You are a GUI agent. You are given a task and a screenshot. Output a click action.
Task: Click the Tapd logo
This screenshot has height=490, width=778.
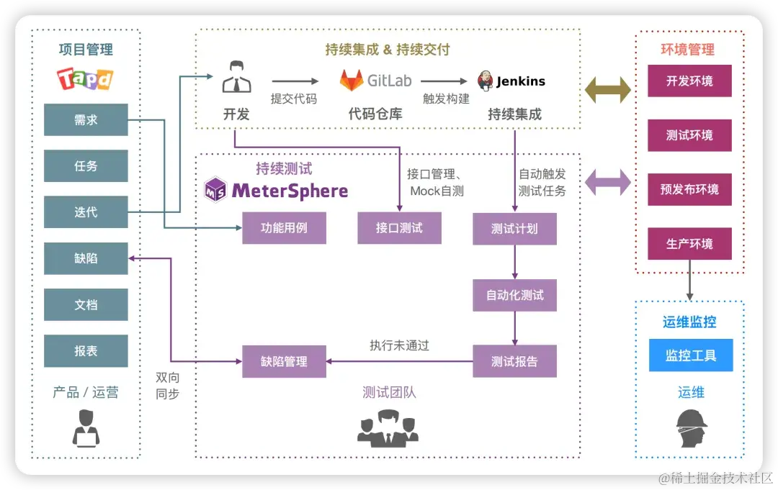pos(86,78)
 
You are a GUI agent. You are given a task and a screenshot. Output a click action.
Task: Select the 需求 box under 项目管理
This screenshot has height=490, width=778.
pos(86,120)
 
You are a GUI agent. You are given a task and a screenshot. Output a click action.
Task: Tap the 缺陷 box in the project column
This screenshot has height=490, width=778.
pos(86,258)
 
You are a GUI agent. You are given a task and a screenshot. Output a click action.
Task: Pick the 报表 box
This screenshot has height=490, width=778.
pos(86,351)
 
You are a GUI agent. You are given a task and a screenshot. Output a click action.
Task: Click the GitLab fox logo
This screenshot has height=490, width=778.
pos(352,81)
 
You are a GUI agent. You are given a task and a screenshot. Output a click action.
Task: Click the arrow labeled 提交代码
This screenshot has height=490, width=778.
pos(295,81)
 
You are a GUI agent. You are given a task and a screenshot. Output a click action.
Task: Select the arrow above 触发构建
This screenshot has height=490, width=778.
pos(444,81)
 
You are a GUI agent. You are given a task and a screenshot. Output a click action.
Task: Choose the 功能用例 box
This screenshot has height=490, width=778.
pos(284,228)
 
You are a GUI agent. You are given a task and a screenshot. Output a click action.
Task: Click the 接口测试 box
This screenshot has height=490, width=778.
pos(399,228)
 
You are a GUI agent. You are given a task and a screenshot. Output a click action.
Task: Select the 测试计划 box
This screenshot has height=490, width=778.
pos(514,229)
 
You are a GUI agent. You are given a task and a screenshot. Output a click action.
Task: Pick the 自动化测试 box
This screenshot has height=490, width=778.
pos(514,295)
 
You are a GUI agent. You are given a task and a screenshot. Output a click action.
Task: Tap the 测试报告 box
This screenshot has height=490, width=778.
pos(514,361)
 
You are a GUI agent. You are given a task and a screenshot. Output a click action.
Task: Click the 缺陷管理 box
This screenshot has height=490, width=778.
pos(284,361)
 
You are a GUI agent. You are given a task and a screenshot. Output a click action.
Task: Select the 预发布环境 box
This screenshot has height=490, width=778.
pos(689,190)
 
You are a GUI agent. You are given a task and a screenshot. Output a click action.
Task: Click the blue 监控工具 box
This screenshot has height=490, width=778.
pos(690,355)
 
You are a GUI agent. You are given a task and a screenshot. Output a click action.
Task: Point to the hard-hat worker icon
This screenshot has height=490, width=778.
pos(691,428)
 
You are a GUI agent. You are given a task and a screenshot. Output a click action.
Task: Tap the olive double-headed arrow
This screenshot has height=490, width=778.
pos(608,90)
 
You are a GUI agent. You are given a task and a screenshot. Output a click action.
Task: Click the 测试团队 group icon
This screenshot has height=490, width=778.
pos(388,427)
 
